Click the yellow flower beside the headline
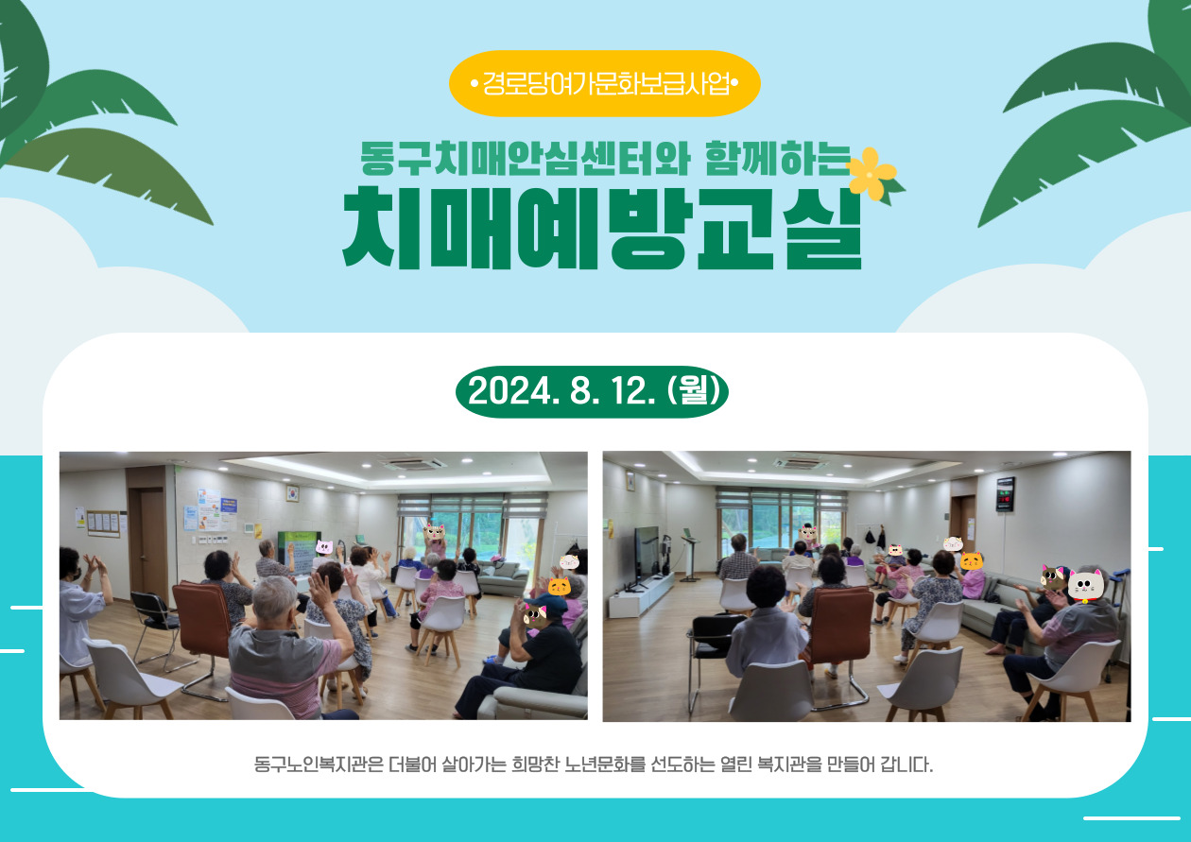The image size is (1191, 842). coord(871,173)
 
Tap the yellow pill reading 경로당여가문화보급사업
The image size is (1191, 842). coord(605,83)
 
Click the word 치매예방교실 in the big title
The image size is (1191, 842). coord(601,228)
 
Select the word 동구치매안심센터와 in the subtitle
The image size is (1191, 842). coord(526,159)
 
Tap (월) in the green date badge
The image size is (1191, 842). coord(694,391)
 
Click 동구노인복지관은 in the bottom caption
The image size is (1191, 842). coord(319,765)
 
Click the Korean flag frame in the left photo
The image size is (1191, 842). coord(292,492)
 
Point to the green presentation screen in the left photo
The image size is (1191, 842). coord(299,552)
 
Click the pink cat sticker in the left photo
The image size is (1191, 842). coord(324,546)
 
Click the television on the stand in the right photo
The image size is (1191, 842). coord(647,558)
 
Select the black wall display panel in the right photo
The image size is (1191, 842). coord(1005,494)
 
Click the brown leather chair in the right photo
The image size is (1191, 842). coord(840,628)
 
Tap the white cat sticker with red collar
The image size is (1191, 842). coord(1086,585)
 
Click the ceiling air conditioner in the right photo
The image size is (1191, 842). coord(798,463)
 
